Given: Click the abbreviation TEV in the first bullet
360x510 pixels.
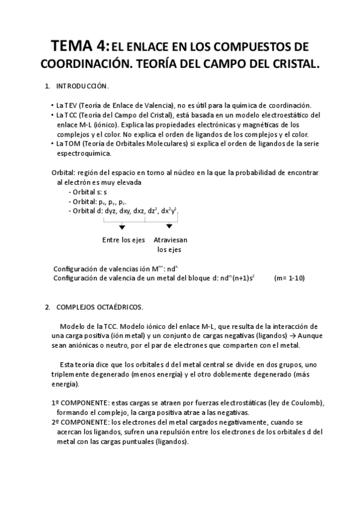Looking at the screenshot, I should tap(73, 105).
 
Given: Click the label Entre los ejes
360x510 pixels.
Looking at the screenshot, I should tap(124, 240).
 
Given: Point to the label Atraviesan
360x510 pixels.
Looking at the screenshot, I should tap(170, 240).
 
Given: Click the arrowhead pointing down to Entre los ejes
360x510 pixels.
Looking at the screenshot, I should tap(122, 227).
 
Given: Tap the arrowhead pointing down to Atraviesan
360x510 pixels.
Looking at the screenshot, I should tap(169, 227).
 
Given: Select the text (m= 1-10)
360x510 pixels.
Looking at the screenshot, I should tap(290, 278).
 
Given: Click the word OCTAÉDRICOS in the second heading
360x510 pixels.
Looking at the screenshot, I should tap(120, 307).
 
